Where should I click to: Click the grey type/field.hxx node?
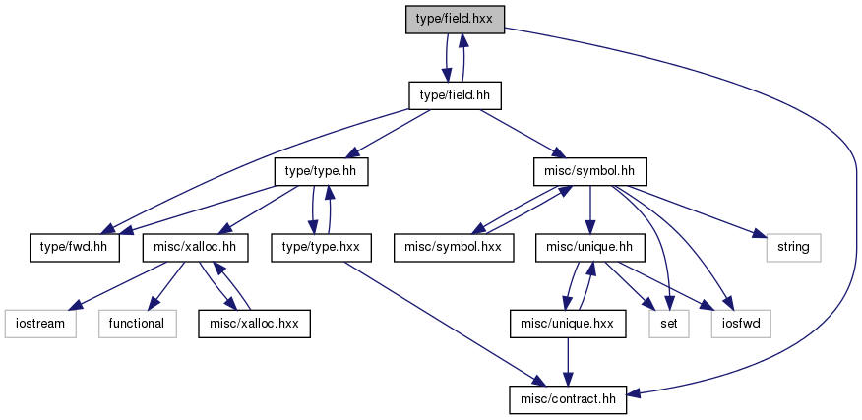click(455, 20)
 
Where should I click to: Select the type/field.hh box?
click(455, 95)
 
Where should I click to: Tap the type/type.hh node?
click(321, 172)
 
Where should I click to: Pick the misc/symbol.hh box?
click(590, 172)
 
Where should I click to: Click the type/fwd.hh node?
click(74, 248)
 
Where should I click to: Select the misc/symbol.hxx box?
click(454, 248)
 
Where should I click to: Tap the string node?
click(793, 248)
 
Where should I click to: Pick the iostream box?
click(40, 324)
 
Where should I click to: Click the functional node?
click(138, 324)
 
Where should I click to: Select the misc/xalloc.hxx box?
click(254, 324)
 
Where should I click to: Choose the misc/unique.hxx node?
click(568, 324)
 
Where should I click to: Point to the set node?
click(668, 324)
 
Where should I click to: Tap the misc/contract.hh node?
click(568, 399)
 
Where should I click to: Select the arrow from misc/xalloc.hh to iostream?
click(119, 283)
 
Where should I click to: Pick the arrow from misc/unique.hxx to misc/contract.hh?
click(568, 362)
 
